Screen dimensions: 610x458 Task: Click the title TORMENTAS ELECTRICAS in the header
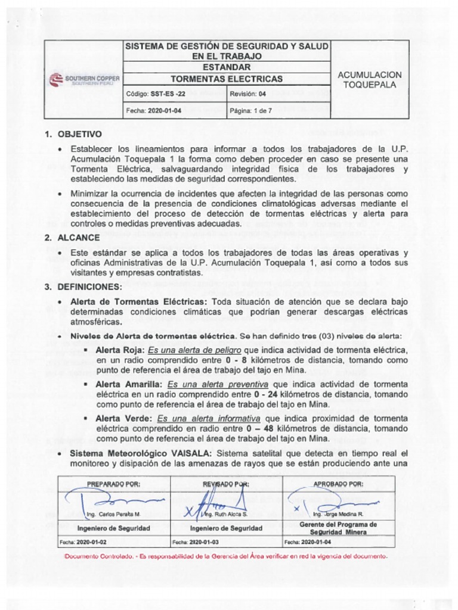pos(227,79)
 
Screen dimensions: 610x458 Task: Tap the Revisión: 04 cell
pos(248,94)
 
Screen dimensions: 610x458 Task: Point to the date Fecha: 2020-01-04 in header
pos(154,111)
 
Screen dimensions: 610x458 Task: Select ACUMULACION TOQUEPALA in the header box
pos(370,80)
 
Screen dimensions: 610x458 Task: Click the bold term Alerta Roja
pos(120,350)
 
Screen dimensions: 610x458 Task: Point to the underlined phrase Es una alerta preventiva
pos(218,384)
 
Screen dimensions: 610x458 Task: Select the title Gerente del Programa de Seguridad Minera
pos(338,528)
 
